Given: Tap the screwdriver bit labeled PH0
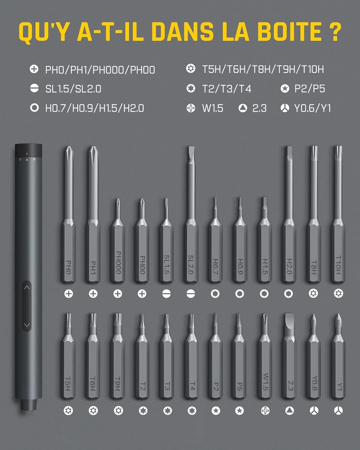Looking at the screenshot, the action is [x=69, y=214].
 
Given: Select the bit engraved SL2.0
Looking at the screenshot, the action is [x=191, y=214].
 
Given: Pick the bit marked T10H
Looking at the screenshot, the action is [x=338, y=214].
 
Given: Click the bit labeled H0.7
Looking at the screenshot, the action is [x=215, y=240].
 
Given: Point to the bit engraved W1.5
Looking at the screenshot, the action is [x=265, y=356].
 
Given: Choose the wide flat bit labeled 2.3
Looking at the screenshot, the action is [x=289, y=356].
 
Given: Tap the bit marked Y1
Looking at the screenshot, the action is [x=338, y=356].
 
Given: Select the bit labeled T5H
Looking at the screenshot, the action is [x=68, y=356].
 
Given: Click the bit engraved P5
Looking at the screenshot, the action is [x=239, y=356].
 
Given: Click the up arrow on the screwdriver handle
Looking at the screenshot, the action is [x=27, y=287].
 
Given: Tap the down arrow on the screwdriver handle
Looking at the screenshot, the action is [x=27, y=325].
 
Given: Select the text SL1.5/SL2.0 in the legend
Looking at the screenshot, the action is [x=73, y=89].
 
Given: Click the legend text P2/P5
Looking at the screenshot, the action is [x=310, y=89].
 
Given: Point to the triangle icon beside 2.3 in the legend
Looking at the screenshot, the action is [x=243, y=108].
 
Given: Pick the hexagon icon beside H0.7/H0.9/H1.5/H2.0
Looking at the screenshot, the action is [x=34, y=108].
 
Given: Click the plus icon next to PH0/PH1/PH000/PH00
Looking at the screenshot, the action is [x=34, y=69].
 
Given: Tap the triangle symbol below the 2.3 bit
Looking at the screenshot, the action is [x=289, y=411].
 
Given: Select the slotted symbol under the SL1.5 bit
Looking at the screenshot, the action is [x=167, y=294].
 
